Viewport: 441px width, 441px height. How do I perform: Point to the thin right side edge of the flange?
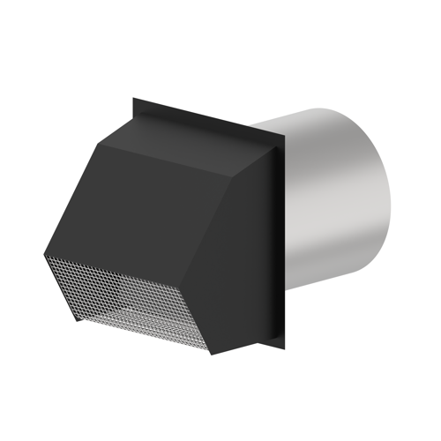[287, 238]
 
